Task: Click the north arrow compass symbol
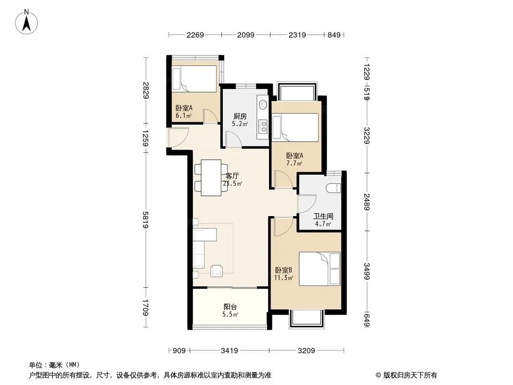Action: [x=26, y=22]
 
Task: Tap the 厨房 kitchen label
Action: [x=240, y=116]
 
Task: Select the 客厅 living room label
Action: [x=232, y=176]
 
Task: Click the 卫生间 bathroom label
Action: [x=323, y=216]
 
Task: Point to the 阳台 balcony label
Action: [x=231, y=307]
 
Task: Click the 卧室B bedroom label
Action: [x=283, y=270]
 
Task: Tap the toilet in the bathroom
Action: [x=333, y=188]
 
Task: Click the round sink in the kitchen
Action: [x=263, y=105]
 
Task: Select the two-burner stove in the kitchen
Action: [x=263, y=127]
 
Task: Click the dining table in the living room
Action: [x=211, y=178]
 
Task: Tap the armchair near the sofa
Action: [x=217, y=270]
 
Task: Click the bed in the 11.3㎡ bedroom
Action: [x=320, y=269]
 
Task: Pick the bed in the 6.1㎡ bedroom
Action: [x=194, y=79]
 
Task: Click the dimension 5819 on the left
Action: [x=146, y=220]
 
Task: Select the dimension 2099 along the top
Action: [x=246, y=35]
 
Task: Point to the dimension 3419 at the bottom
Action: [x=230, y=351]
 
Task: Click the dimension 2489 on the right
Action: [x=367, y=202]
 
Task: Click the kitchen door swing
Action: [x=233, y=139]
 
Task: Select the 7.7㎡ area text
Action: [x=295, y=163]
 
